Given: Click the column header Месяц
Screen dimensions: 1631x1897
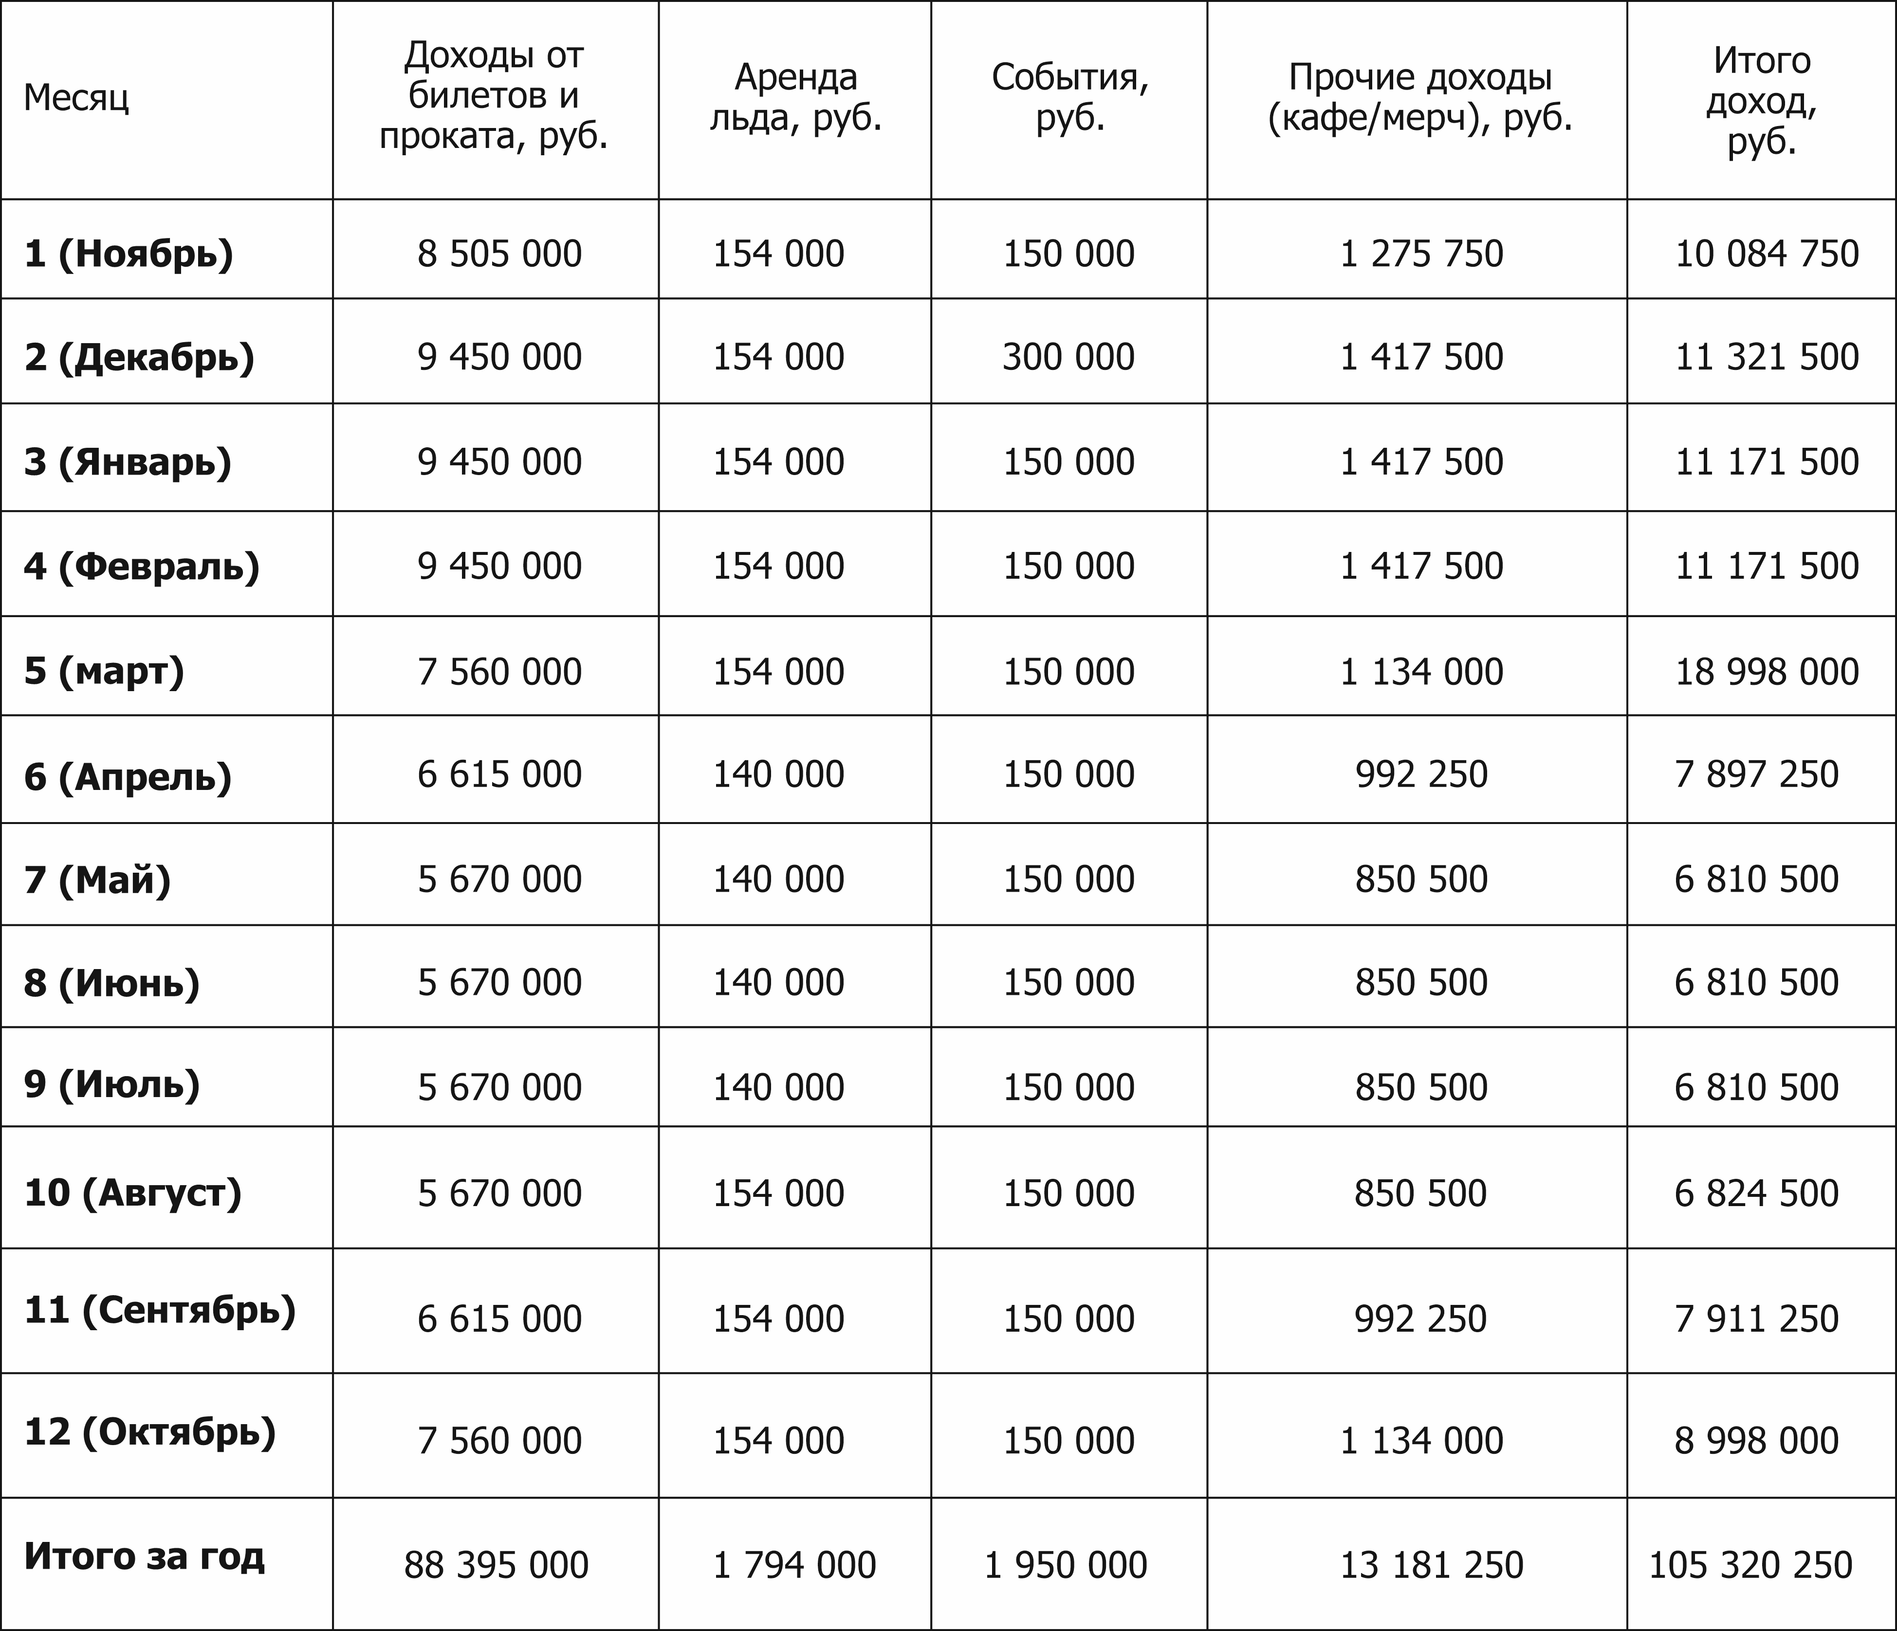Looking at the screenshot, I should click(76, 97).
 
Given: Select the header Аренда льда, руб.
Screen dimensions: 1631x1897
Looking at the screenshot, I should click(795, 97).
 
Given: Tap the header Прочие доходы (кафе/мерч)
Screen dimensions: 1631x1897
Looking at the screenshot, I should click(1420, 97).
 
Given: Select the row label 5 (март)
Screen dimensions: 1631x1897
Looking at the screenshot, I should click(104, 671).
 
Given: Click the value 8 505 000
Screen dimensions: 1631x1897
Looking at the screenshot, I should click(499, 254).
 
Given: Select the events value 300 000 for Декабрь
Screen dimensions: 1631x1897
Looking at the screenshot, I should click(1068, 357).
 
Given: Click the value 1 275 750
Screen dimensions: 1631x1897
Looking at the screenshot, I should click(1421, 254).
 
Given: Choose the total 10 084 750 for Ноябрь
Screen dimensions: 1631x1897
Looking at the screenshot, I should click(1766, 254).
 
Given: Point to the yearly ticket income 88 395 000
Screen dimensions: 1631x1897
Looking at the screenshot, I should click(496, 1564).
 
